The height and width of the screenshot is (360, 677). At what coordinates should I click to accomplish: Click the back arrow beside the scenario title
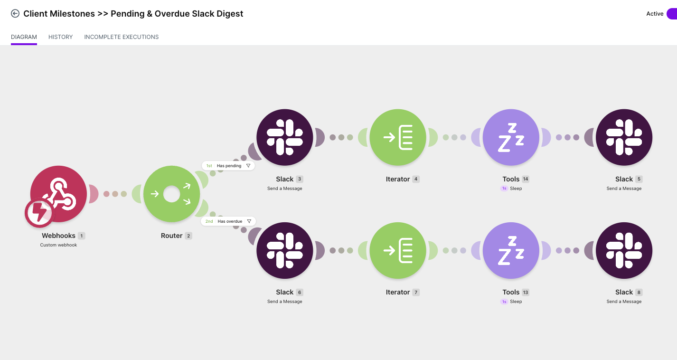(15, 14)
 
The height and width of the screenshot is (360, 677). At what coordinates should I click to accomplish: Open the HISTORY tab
(60, 37)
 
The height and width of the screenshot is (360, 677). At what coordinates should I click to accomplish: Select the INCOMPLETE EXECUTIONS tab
(121, 37)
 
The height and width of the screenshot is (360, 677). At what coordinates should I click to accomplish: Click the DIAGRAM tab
(24, 37)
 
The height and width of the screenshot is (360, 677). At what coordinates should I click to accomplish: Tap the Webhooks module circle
(59, 194)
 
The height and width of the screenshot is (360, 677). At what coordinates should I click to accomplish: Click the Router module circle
(172, 194)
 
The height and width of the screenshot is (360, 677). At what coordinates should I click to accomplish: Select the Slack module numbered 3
(285, 137)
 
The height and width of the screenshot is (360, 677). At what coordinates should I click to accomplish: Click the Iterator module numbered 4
(398, 137)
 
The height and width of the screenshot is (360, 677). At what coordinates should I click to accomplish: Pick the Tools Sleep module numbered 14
(511, 137)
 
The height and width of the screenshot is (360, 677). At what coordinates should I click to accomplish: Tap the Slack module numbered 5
(624, 137)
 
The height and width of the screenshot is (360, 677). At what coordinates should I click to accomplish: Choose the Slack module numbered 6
(285, 250)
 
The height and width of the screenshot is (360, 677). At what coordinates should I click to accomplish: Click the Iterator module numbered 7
(398, 250)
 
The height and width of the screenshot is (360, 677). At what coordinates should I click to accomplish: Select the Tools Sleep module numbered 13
(511, 250)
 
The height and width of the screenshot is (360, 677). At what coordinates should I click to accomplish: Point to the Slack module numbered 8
(624, 250)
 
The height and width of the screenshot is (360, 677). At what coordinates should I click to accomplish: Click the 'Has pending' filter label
(229, 166)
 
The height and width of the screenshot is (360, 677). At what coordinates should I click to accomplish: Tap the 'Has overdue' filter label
(230, 221)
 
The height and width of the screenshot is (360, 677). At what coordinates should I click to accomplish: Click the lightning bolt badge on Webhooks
(39, 212)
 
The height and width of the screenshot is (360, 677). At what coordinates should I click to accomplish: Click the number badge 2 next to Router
(188, 236)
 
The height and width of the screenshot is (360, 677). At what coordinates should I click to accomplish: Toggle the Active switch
(672, 14)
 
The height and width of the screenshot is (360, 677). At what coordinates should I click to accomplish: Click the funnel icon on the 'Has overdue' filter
(249, 221)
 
